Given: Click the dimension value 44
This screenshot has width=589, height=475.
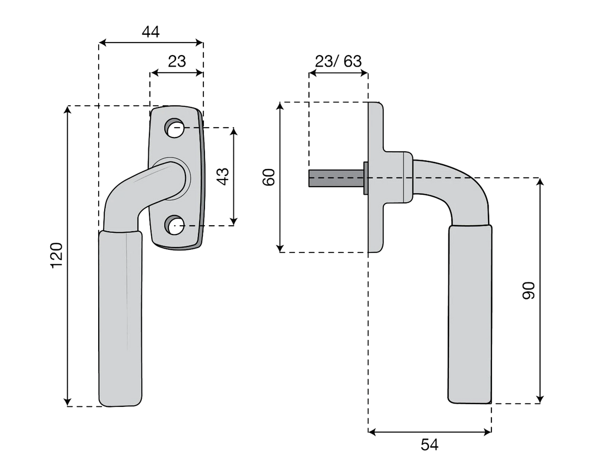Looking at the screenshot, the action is pyautogui.click(x=151, y=32).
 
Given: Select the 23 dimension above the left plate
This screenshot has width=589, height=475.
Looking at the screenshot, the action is pyautogui.click(x=177, y=61).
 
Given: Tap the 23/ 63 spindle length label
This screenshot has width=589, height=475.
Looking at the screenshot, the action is pyautogui.click(x=338, y=61).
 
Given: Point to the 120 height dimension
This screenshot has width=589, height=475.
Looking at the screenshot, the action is pyautogui.click(x=56, y=256).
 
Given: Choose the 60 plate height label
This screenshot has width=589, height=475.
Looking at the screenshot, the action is pyautogui.click(x=269, y=177).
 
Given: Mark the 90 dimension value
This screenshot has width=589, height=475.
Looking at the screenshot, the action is pyautogui.click(x=528, y=290).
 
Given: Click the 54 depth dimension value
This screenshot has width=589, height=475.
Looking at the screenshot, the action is pyautogui.click(x=429, y=445).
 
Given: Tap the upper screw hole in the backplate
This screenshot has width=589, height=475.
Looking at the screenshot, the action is pyautogui.click(x=175, y=128).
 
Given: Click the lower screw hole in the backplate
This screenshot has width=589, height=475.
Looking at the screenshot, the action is pyautogui.click(x=174, y=225).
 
